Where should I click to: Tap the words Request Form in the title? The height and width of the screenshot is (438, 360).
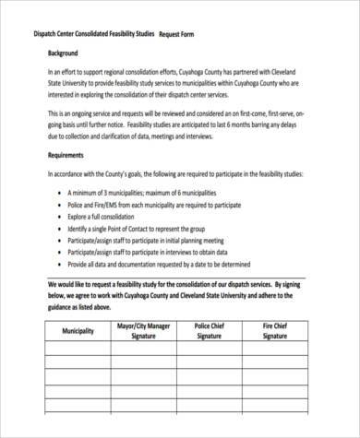point(182,32)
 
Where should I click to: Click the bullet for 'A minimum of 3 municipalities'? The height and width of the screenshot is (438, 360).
point(59,190)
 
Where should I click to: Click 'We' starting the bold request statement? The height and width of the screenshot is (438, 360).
point(51,286)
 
